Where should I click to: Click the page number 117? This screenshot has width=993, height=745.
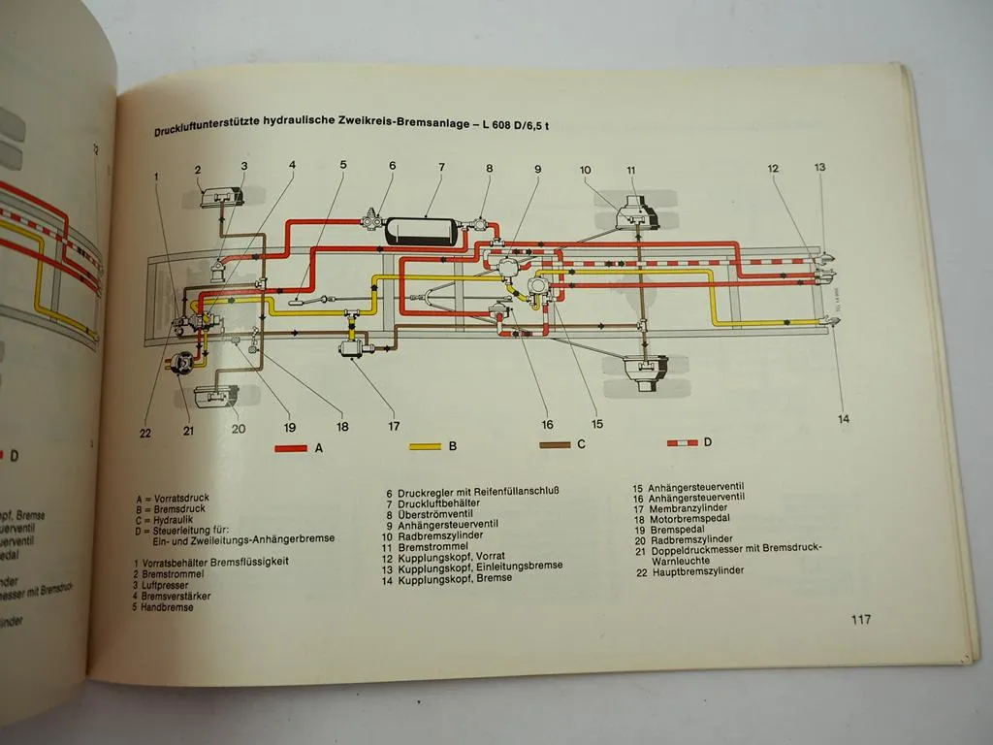point(860,619)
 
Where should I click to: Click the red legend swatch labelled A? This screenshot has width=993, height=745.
point(290,447)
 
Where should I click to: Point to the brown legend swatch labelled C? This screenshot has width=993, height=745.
point(555,445)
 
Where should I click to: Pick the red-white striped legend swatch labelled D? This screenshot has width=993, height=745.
point(682,443)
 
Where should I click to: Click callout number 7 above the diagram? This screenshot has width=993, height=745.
point(441,167)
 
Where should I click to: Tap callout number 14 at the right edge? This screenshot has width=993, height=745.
point(844,419)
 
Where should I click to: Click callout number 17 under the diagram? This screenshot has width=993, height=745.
point(394,425)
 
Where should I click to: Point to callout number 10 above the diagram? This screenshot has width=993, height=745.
point(586,171)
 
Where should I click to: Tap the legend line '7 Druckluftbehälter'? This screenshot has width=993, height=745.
point(442,504)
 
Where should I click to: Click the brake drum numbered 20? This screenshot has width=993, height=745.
point(215,398)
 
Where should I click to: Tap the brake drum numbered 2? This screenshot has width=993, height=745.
point(221,198)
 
